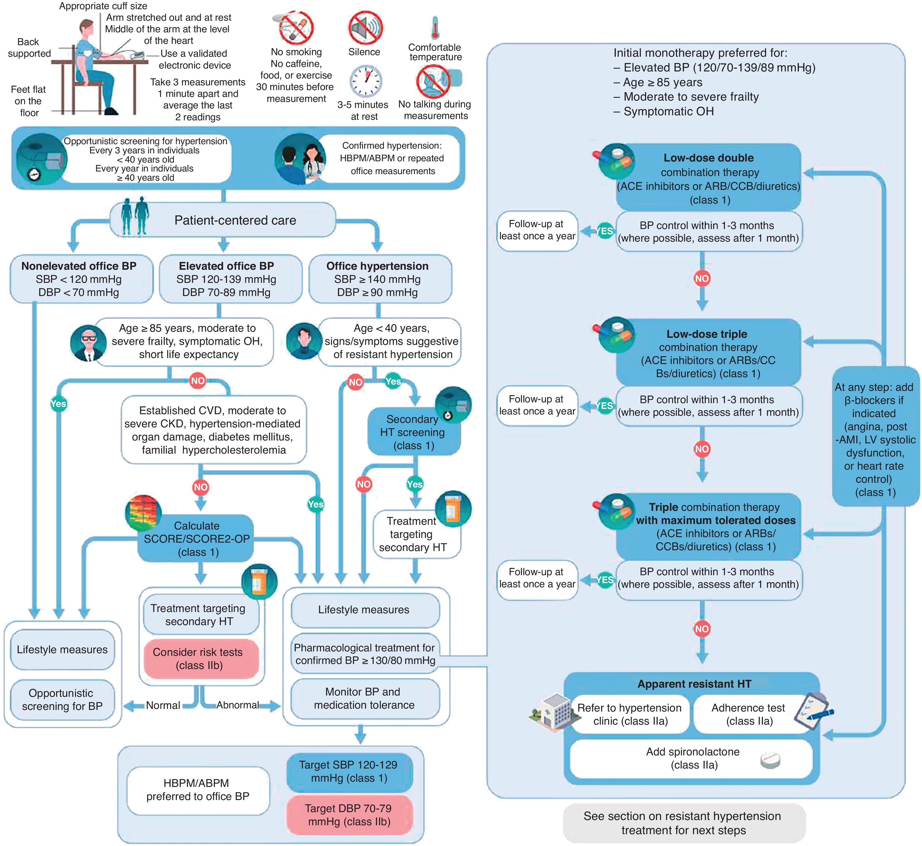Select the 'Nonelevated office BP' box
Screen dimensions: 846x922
[79, 279]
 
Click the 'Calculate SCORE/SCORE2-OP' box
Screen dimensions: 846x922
[197, 539]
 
